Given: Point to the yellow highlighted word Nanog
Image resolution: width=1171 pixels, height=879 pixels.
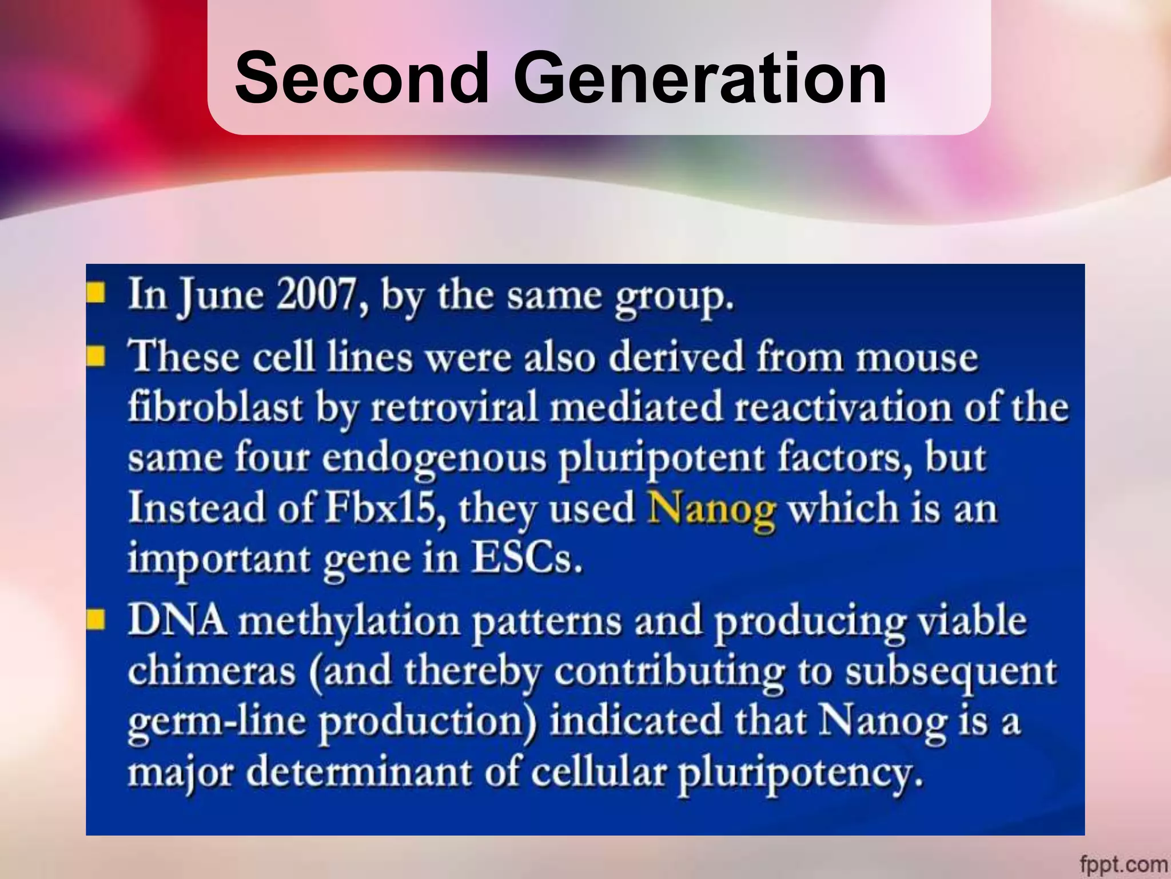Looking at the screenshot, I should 711,509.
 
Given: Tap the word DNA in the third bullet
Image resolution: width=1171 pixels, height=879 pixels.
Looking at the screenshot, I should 177,620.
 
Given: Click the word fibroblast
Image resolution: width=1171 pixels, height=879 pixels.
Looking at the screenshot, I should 214,408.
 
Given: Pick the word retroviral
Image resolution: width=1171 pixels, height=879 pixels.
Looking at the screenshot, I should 455,408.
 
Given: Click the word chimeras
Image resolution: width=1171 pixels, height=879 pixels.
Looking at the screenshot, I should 212,671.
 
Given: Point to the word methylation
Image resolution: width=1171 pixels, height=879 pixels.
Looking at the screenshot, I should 349,621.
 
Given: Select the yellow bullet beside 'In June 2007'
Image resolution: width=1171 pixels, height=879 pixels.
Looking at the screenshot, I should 95,292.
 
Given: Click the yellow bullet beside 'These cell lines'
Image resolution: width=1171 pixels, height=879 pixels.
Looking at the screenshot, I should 95,356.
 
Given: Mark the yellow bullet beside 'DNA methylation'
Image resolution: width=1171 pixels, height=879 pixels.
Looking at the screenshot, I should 95,619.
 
